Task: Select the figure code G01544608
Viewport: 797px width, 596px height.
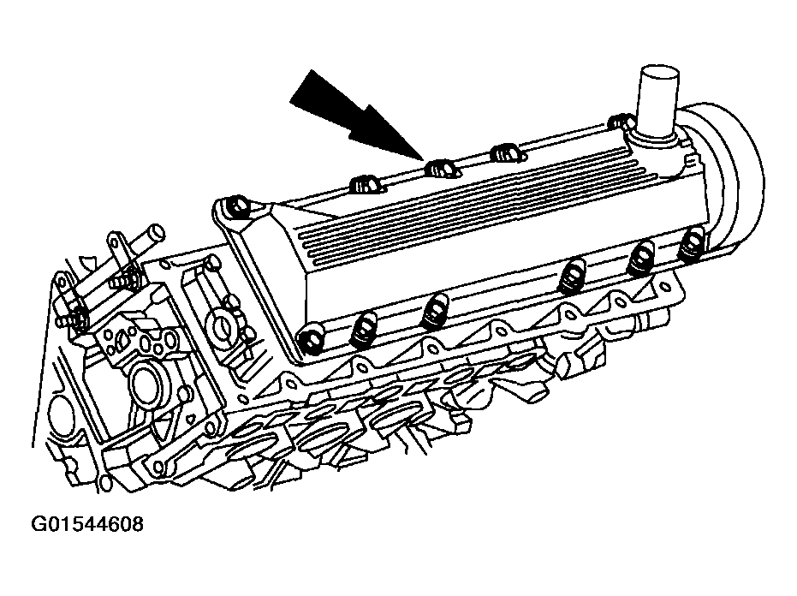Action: point(87,524)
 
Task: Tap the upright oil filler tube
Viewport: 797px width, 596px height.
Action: point(657,102)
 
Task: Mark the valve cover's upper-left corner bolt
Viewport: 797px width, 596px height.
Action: point(237,207)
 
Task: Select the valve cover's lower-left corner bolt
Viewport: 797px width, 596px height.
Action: point(311,339)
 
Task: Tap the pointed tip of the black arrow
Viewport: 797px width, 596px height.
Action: point(422,159)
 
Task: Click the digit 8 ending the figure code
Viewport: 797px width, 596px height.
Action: point(138,524)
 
